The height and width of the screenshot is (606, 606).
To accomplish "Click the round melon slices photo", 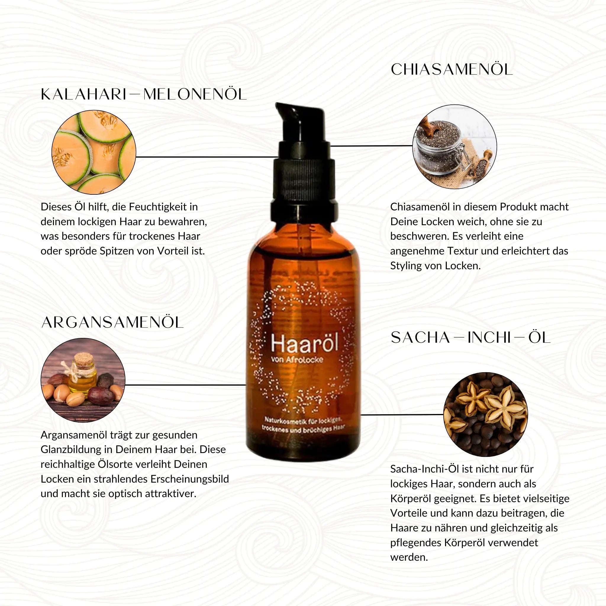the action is point(94,152).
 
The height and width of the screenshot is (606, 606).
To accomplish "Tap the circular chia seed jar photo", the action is point(454,146).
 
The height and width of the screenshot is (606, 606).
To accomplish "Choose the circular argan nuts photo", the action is point(83,380).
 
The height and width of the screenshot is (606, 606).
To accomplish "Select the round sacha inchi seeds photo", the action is point(486,414).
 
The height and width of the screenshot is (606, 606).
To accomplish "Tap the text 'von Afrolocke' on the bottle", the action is point(297,360).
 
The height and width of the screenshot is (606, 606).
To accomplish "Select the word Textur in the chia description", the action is point(463,251).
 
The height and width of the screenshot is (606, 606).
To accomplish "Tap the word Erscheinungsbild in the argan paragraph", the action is point(189,479).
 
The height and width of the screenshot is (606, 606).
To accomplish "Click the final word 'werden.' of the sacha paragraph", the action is point(409,557).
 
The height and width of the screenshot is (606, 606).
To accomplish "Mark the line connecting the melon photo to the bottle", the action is point(207,157).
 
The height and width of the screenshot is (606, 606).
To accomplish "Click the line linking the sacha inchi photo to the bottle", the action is point(402,415).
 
